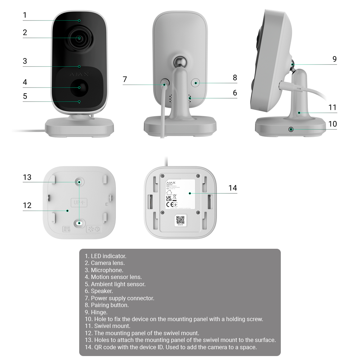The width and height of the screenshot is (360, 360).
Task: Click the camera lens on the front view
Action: click(79, 38)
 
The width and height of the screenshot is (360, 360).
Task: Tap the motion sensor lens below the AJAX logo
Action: click(79, 87)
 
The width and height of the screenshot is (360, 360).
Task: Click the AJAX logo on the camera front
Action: click(79, 74)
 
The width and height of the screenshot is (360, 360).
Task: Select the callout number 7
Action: click(125, 79)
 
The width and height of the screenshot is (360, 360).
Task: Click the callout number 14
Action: click(233, 188)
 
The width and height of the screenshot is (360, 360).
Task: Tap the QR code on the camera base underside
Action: click(180, 220)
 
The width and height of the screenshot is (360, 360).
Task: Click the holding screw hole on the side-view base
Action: click(291, 129)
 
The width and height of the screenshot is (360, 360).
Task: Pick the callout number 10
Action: click(332, 124)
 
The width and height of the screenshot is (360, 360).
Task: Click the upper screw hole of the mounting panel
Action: click(79, 182)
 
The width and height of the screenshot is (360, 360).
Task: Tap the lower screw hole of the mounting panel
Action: click(79, 224)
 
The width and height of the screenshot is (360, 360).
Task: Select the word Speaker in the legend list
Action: click(102, 291)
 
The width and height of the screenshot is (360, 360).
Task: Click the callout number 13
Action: click(27, 177)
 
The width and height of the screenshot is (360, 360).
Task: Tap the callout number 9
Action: click(334, 59)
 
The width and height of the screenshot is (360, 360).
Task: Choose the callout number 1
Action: click(25, 15)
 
